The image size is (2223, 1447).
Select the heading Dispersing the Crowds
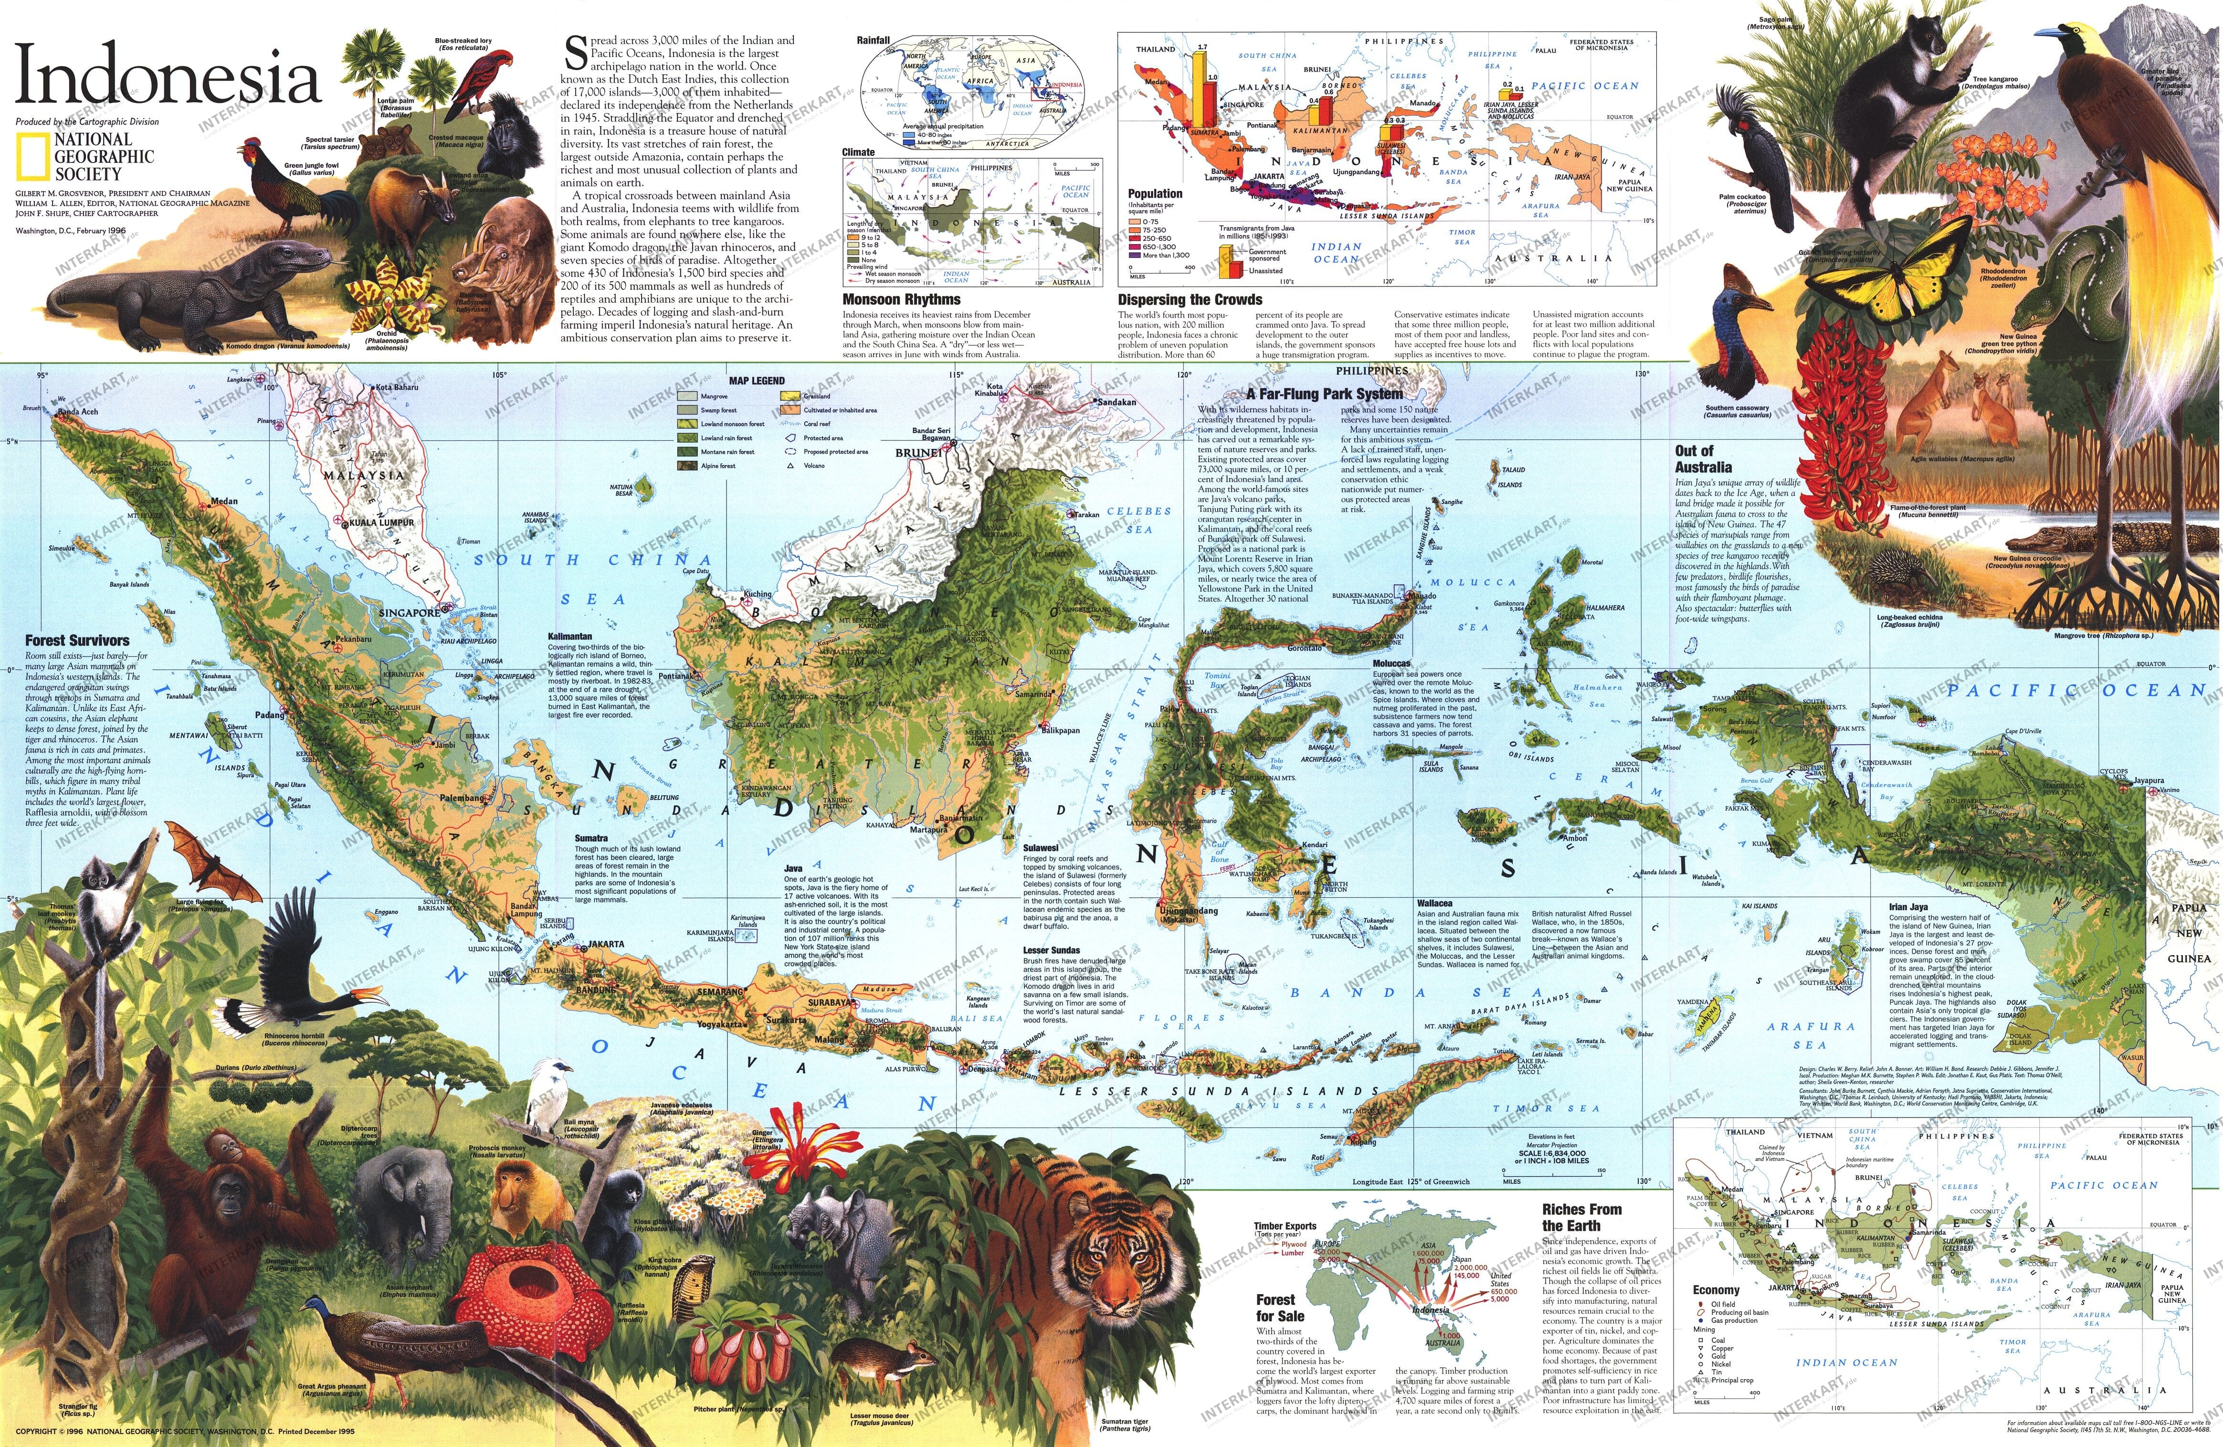[1189, 300]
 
